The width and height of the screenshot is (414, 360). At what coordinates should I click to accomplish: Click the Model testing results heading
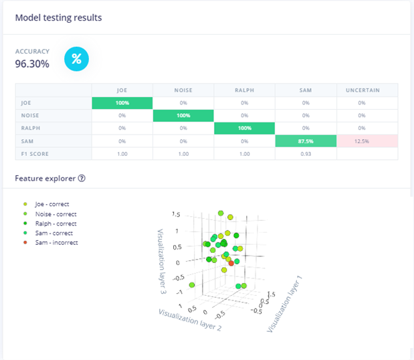click(x=59, y=17)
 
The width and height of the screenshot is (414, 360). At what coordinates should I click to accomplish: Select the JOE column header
click(x=122, y=90)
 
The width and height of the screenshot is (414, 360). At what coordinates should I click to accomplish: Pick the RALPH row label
click(x=30, y=128)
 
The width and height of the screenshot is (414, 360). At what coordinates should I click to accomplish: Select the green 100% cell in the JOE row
click(x=122, y=103)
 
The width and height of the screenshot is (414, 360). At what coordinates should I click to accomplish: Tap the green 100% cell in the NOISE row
click(x=183, y=116)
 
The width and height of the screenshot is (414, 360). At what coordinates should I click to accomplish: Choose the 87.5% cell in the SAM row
click(x=305, y=141)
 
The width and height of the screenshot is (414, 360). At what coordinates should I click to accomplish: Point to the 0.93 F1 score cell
click(x=305, y=154)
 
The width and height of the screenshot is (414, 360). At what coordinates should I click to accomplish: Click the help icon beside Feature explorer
click(x=82, y=179)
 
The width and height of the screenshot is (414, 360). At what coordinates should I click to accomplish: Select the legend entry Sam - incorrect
click(x=56, y=243)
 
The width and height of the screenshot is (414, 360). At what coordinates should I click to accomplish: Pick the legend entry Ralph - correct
click(x=56, y=223)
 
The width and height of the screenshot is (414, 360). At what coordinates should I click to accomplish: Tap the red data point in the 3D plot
click(x=231, y=264)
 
